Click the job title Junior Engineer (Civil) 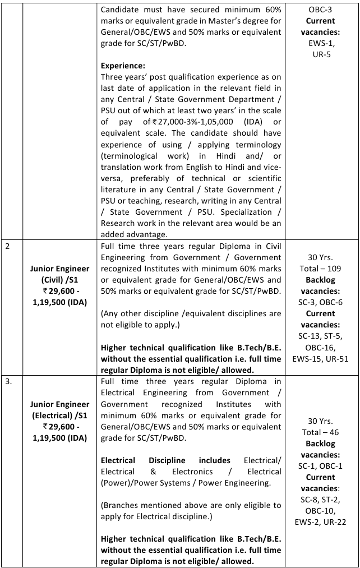60,274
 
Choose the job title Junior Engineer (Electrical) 60,409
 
